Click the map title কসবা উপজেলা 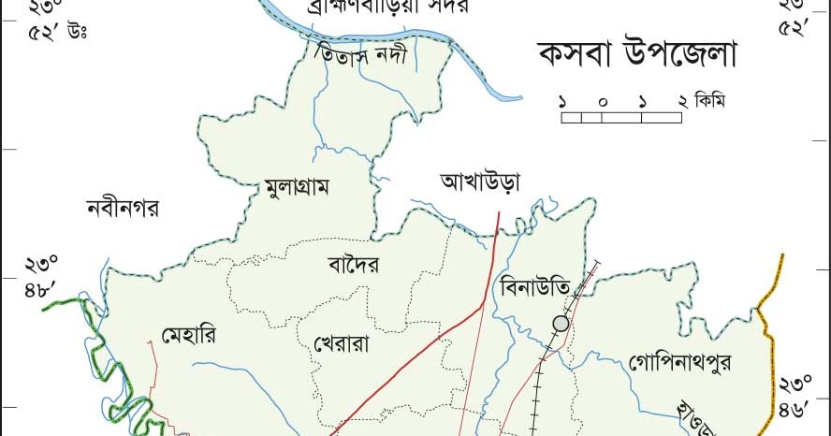click(637, 53)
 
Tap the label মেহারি click(191, 334)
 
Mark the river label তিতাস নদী click(362, 55)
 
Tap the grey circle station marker click(561, 324)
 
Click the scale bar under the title click(621, 118)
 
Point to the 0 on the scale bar click(602, 100)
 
